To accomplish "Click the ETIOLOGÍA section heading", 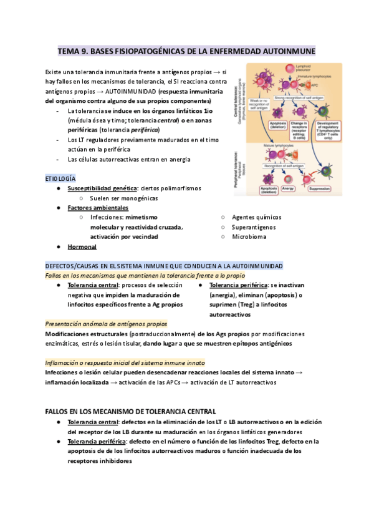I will tap(61, 178).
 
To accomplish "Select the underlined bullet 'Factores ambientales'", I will tap(98, 208).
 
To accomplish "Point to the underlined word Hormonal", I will tap(82, 246).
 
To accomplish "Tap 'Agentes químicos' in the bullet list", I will tap(257, 217).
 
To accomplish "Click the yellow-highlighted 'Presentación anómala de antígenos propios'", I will tap(107, 324).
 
